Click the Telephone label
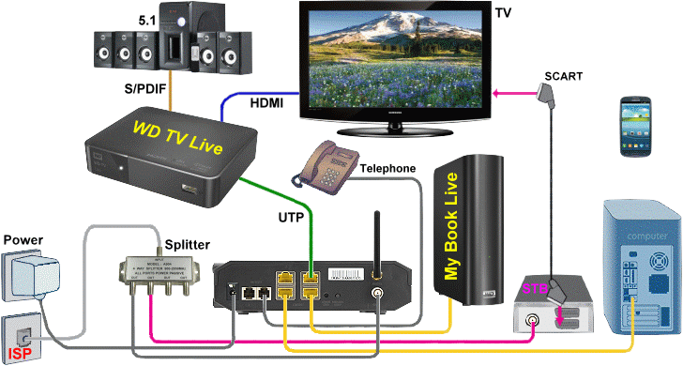(387, 168)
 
